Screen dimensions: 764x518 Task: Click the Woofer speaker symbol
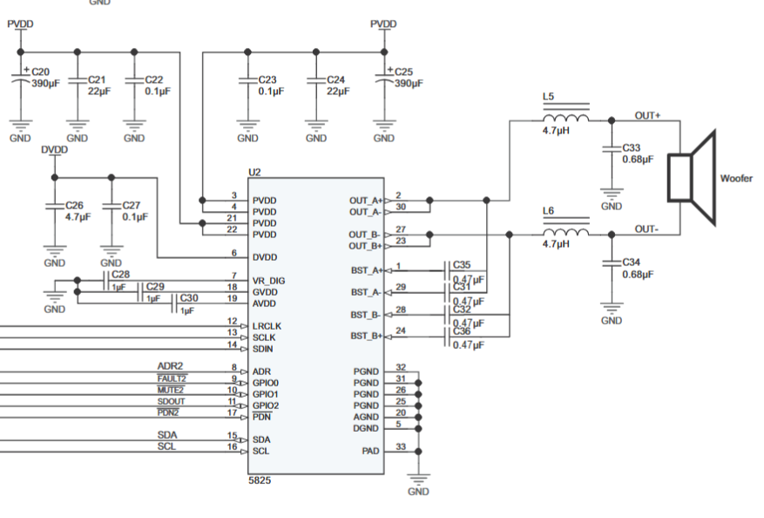[x=692, y=178]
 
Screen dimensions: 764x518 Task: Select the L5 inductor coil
[x=565, y=117]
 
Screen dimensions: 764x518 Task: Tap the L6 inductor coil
[x=565, y=232]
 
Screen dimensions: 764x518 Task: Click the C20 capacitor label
[x=40, y=72]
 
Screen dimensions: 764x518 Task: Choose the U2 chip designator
[x=254, y=172]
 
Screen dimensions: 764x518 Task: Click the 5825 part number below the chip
[x=260, y=480]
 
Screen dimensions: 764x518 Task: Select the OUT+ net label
[x=647, y=116]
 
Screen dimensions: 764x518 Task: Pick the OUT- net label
[x=646, y=229]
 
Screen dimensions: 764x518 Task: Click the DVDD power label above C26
[x=54, y=150]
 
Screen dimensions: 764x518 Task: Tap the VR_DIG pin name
[x=268, y=281]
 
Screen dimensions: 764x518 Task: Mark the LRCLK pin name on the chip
[x=267, y=326]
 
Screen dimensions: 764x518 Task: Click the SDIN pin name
[x=262, y=349]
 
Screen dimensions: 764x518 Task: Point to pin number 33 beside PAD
[x=401, y=446]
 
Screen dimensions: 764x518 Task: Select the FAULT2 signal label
[x=172, y=378]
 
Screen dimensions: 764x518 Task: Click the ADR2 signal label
[x=170, y=365]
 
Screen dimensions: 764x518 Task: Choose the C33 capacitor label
[x=631, y=147]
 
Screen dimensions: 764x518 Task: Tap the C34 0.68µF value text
[x=638, y=274]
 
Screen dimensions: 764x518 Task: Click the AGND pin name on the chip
[x=366, y=417]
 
